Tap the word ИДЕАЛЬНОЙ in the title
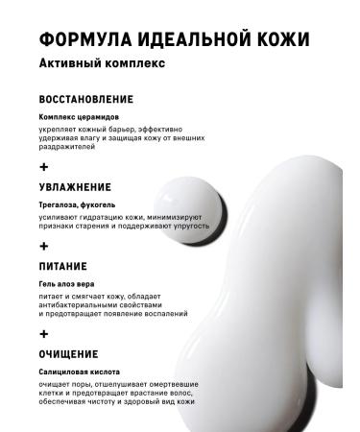pyautogui.click(x=186, y=40)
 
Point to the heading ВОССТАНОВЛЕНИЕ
pyautogui.click(x=86, y=99)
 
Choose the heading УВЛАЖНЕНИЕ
pyautogui.click(x=75, y=187)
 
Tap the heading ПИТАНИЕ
pyautogui.click(x=63, y=266)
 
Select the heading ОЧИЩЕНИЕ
pyautogui.click(x=67, y=354)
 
